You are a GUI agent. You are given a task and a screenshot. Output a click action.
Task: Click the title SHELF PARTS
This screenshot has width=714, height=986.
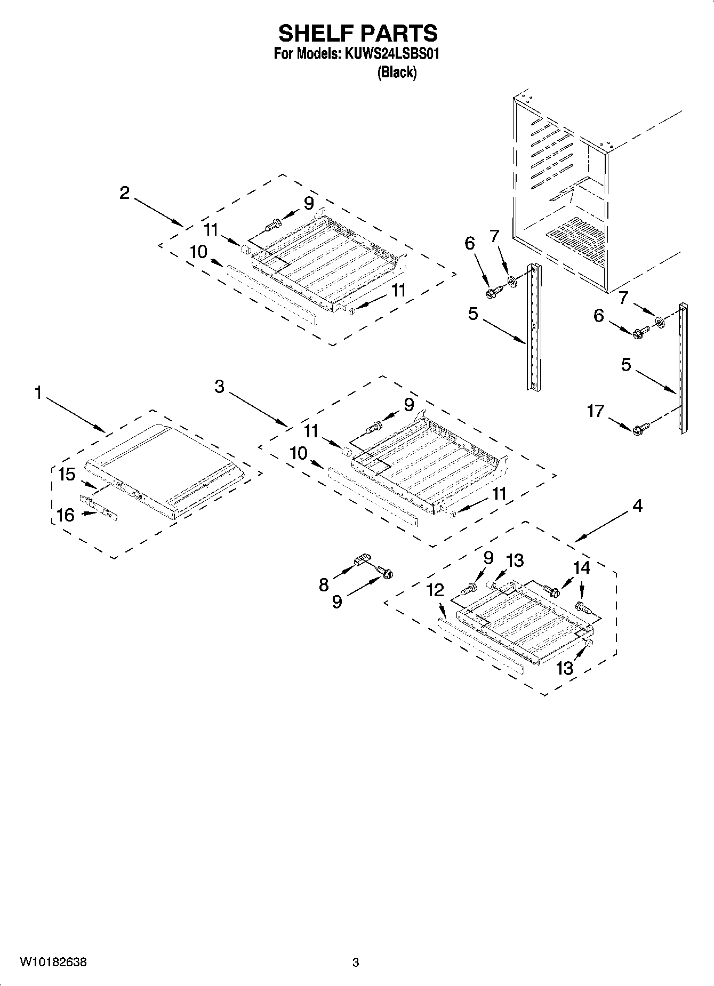pyautogui.click(x=357, y=34)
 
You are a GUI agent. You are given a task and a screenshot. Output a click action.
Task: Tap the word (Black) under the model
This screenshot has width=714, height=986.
pyautogui.click(x=396, y=73)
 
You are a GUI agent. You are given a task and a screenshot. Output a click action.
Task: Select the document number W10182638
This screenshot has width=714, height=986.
pyautogui.click(x=53, y=963)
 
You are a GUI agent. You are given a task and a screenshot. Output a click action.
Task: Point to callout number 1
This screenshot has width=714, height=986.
pyautogui.click(x=37, y=393)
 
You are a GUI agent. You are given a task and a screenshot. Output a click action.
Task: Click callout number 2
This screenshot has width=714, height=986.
pyautogui.click(x=124, y=193)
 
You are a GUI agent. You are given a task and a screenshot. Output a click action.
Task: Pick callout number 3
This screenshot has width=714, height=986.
pyautogui.click(x=220, y=387)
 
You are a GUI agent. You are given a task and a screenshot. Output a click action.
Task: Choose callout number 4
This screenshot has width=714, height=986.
pyautogui.click(x=637, y=506)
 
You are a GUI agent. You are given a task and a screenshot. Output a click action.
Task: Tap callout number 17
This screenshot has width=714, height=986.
pyautogui.click(x=596, y=411)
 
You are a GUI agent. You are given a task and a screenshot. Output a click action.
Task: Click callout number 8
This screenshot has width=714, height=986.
pyautogui.click(x=324, y=585)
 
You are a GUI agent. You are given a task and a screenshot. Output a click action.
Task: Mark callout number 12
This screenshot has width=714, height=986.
pyautogui.click(x=435, y=590)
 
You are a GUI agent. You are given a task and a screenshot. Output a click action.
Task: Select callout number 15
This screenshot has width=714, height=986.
pyautogui.click(x=67, y=474)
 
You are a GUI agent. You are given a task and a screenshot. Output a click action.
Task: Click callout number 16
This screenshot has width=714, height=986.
pyautogui.click(x=66, y=515)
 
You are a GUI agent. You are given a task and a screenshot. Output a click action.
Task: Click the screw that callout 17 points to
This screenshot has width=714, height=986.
pyautogui.click(x=640, y=428)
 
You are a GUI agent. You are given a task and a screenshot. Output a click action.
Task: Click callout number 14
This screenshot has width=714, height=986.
pyautogui.click(x=581, y=568)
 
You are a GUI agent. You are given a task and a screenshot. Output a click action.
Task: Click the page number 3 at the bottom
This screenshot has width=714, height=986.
pyautogui.click(x=356, y=963)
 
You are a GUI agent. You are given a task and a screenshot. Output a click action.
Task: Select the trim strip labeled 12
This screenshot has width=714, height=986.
pyautogui.click(x=480, y=648)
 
